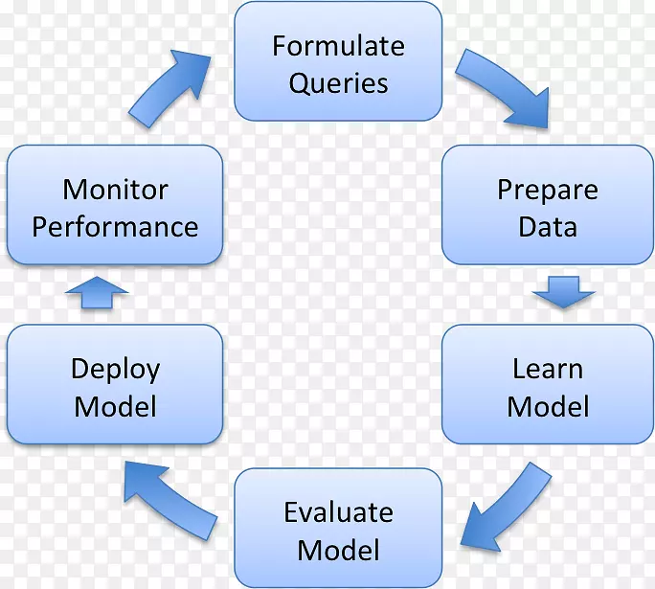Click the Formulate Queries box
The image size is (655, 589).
click(x=338, y=61)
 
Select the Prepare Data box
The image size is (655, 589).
click(x=547, y=205)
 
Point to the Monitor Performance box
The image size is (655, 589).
click(x=115, y=205)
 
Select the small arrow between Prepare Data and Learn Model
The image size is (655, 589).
click(x=564, y=291)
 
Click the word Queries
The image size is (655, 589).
click(x=338, y=82)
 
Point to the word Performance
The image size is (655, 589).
click(x=115, y=227)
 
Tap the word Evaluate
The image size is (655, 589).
click(x=338, y=512)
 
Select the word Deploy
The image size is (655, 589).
click(x=115, y=369)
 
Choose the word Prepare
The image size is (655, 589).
click(x=547, y=190)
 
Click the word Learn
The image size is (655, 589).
click(x=547, y=369)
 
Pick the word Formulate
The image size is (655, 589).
click(x=338, y=45)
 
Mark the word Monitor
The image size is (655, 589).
click(x=115, y=189)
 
